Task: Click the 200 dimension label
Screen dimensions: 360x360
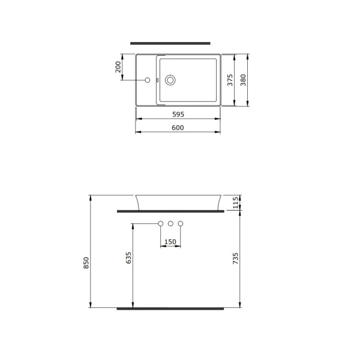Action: tap(119, 66)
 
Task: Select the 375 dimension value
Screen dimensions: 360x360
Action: tap(230, 81)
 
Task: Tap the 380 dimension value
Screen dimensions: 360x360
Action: tap(244, 81)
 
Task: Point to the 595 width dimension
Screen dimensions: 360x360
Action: tap(178, 113)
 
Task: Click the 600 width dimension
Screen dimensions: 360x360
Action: tap(178, 127)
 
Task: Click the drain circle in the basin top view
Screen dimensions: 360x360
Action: tap(170, 80)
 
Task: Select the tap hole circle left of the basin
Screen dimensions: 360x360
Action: tap(146, 80)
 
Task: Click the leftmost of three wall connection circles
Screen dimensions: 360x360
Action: tap(160, 224)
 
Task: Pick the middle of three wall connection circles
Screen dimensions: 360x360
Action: tap(170, 224)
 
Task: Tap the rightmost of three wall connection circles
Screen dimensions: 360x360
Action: tap(180, 224)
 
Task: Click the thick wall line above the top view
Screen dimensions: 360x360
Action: tap(170, 43)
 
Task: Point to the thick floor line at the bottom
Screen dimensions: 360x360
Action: tap(170, 308)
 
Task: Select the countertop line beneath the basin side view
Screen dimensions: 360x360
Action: tap(170, 211)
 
